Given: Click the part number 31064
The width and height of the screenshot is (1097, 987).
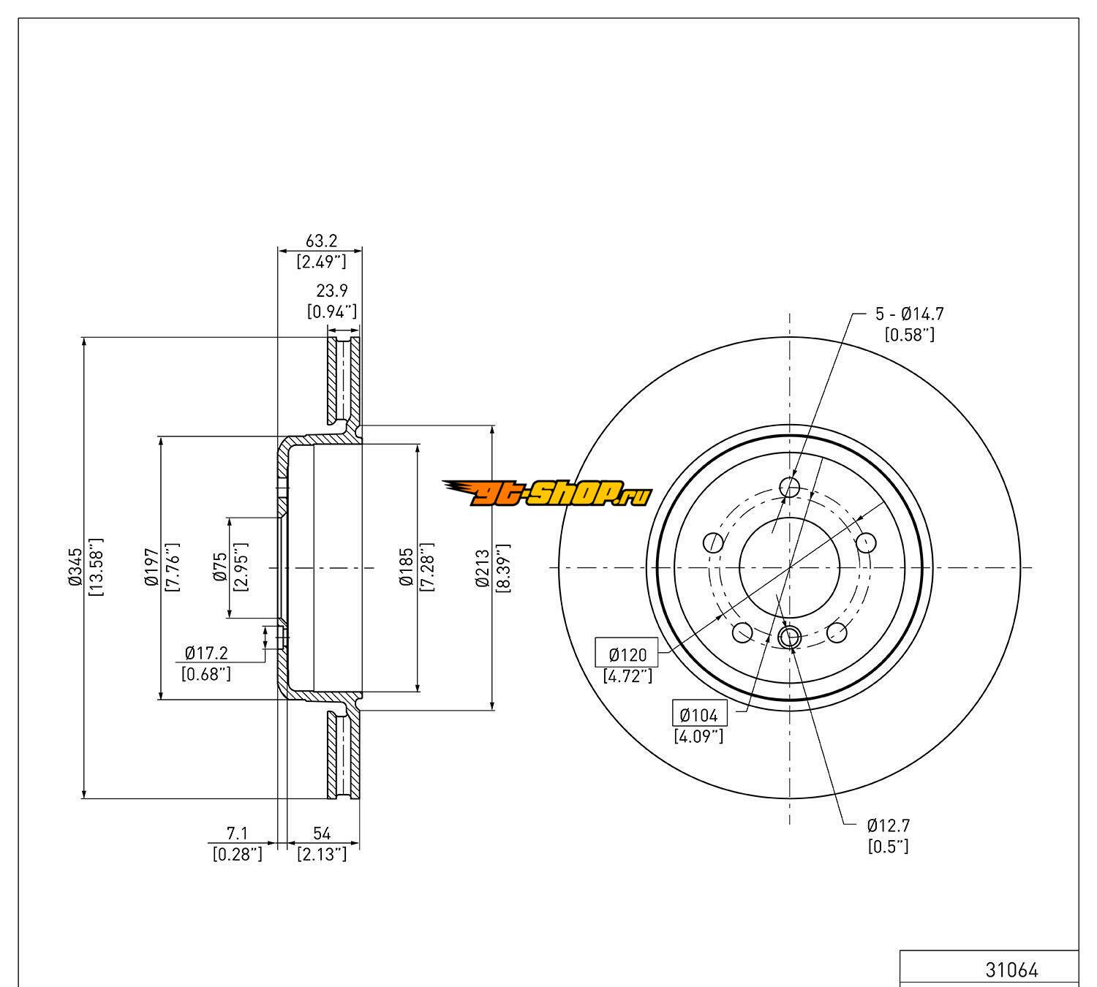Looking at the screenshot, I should point(1011,970).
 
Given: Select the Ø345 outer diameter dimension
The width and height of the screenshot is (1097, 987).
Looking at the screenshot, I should point(74,568).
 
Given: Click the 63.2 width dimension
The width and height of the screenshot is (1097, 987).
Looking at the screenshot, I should point(320,241).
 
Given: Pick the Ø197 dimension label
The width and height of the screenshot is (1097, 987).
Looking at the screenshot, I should point(151,568).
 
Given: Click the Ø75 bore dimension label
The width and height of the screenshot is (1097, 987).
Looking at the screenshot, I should point(220,568).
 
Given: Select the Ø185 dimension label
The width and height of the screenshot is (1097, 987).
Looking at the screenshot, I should point(406,568).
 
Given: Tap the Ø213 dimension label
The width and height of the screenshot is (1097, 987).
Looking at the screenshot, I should point(482,568).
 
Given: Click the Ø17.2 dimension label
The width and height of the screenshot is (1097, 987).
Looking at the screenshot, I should point(207,651).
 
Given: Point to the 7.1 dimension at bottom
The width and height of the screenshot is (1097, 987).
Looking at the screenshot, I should point(237,833).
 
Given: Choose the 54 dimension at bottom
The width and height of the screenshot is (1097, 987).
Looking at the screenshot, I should point(322,833).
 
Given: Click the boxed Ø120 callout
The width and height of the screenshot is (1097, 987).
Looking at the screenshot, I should point(627,653).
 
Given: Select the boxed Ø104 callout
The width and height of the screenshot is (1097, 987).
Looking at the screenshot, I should point(698,714).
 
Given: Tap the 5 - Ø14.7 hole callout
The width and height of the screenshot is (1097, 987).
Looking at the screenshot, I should point(910,314).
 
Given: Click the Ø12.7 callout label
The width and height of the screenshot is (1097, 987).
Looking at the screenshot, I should point(889,826).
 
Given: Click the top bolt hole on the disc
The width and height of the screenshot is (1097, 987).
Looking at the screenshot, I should point(790,486).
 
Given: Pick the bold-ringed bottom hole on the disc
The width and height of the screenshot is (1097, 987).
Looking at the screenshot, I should point(790,637).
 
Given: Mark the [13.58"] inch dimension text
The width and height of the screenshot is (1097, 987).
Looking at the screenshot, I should point(96,568).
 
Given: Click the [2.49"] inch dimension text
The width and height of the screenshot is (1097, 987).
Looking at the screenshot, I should point(320,261).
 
